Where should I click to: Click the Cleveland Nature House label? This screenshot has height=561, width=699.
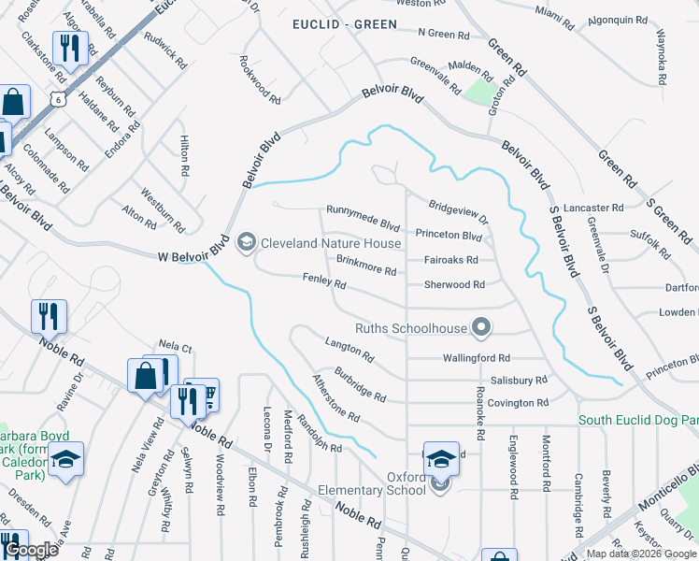coord(331,243)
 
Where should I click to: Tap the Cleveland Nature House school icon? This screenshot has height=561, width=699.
coord(247,243)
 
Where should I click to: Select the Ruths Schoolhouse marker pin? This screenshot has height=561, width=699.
coord(481,327)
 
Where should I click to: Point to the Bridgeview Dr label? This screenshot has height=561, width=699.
coord(459,211)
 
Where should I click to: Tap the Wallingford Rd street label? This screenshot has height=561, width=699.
coord(476,357)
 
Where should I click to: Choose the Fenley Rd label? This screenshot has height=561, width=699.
coord(324,280)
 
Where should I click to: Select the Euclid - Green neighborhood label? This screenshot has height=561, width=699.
coord(345,23)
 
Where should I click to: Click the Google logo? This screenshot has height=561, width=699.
coord(31,550)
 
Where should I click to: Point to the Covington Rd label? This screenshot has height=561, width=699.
coord(517,403)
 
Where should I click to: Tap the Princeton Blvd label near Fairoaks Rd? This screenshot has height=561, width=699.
coord(449,235)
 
